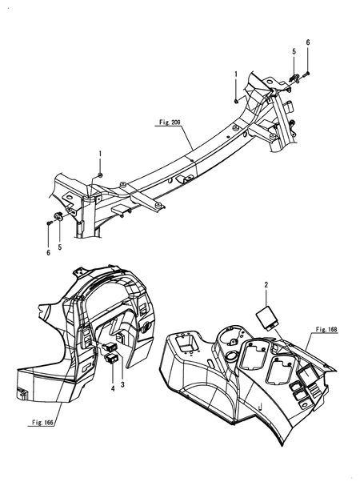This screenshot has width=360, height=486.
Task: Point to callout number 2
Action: (x=266, y=284)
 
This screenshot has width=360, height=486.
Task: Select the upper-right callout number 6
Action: (x=308, y=41)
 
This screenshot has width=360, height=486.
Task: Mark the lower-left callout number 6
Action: (x=48, y=252)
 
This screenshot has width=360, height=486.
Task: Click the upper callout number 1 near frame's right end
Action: (x=236, y=74)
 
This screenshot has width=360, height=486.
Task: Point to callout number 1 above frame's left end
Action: (x=100, y=152)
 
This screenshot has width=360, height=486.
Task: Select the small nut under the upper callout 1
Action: (x=235, y=100)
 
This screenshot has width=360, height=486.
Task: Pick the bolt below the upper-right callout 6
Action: (x=307, y=73)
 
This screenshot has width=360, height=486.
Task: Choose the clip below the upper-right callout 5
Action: (x=293, y=78)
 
